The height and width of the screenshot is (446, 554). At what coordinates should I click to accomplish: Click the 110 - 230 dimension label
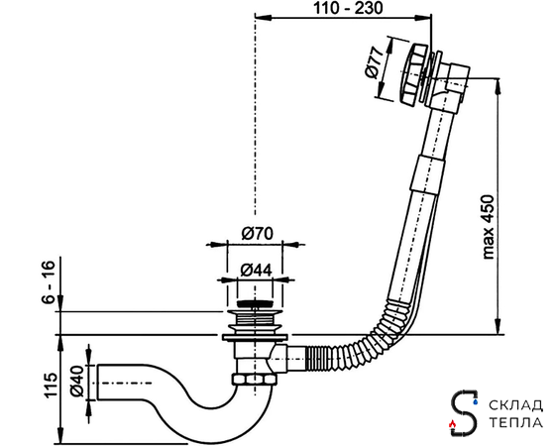(348, 8)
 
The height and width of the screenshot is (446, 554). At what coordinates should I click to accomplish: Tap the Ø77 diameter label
(375, 62)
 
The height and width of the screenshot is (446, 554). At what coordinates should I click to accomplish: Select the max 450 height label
(488, 227)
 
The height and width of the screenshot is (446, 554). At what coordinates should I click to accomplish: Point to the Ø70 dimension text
(258, 234)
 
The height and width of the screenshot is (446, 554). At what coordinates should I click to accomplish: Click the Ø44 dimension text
(256, 271)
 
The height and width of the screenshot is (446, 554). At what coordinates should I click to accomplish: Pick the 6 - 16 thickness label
(49, 282)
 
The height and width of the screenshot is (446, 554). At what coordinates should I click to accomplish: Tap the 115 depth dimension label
(51, 385)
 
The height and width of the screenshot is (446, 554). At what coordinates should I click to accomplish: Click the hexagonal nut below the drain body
(254, 380)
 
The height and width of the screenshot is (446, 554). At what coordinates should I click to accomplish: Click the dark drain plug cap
(255, 303)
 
